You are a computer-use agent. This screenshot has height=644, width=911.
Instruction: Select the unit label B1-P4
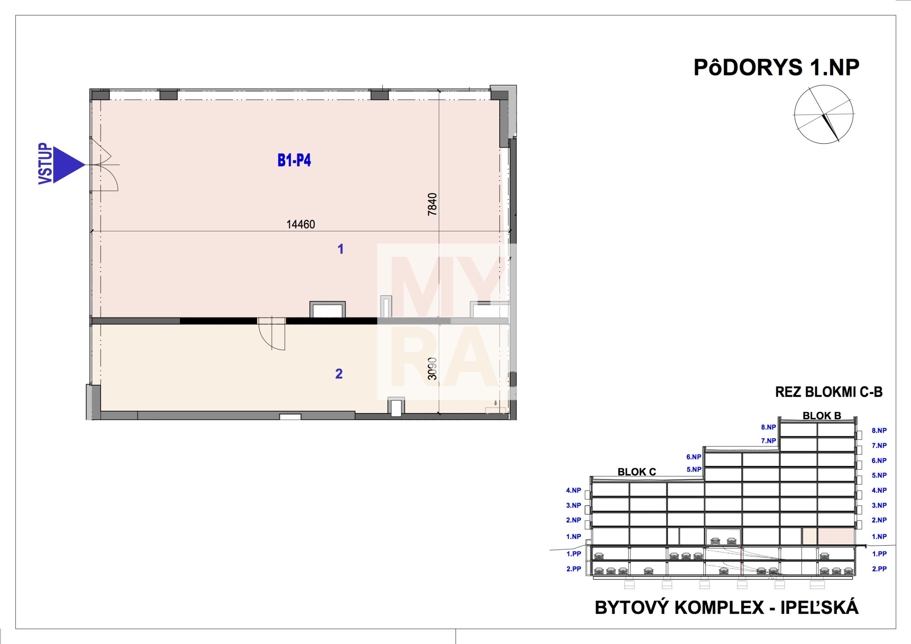click(294, 160)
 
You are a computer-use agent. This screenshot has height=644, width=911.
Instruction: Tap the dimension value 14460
click(301, 225)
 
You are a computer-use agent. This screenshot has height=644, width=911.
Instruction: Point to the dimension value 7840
click(432, 204)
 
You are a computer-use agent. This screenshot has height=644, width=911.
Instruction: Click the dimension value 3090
click(432, 369)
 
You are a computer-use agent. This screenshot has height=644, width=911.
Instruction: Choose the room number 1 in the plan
click(340, 249)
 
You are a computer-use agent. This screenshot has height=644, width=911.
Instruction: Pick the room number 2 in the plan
click(339, 374)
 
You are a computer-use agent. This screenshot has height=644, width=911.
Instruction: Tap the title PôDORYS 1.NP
click(777, 67)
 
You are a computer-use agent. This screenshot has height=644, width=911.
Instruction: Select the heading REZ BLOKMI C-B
click(829, 392)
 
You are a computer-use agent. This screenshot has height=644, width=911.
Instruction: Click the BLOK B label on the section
click(822, 416)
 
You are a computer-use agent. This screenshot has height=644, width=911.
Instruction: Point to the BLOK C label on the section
click(637, 472)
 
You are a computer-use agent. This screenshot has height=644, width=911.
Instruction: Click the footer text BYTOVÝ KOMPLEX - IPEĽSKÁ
click(727, 608)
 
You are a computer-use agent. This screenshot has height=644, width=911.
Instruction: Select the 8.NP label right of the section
click(879, 430)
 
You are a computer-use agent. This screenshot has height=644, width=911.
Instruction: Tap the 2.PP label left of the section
click(574, 569)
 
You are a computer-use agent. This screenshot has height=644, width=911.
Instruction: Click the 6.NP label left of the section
click(694, 457)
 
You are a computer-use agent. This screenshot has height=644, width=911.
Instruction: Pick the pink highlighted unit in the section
click(828, 536)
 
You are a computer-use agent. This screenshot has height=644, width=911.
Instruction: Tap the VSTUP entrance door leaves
click(104, 165)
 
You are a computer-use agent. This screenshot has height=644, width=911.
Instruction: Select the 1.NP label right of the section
click(879, 536)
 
